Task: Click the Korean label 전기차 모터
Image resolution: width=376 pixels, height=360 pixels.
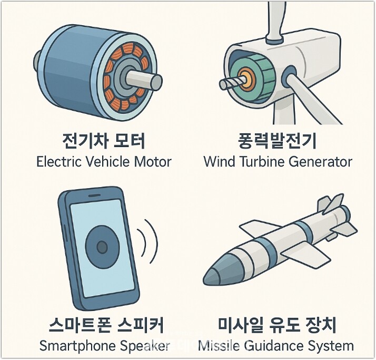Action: pos(103,141)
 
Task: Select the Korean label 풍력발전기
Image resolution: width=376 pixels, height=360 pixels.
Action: pos(278,141)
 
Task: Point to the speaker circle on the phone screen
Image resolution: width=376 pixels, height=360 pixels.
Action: pos(102,246)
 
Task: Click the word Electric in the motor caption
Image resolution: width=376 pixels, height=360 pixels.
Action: pos(57,161)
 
